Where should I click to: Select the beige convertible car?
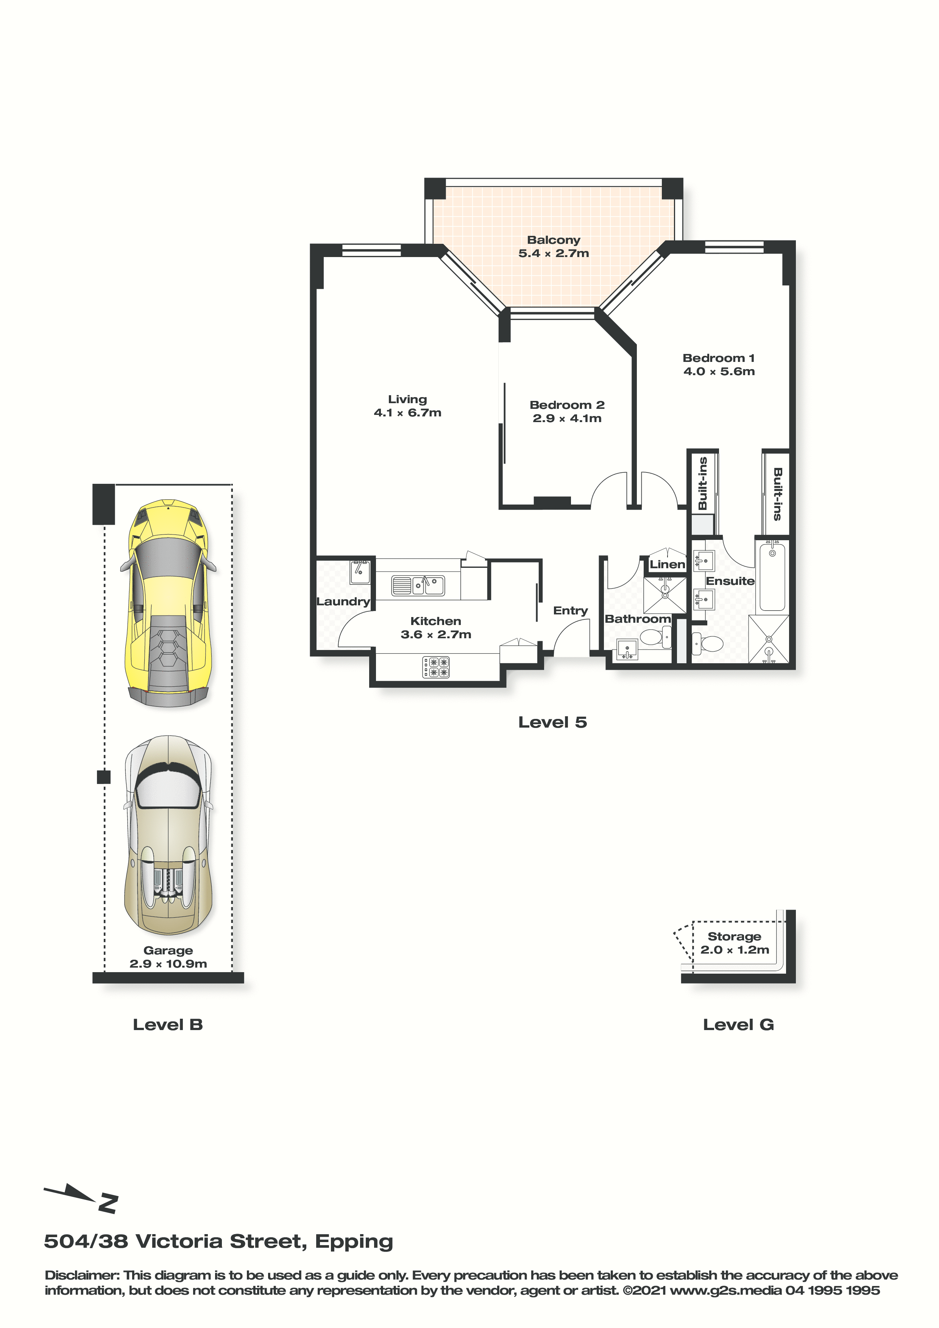pyautogui.click(x=168, y=835)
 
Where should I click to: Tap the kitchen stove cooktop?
pyautogui.click(x=436, y=667)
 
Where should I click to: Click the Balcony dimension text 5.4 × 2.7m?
pyautogui.click(x=554, y=253)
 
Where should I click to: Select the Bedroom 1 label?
pyautogui.click(x=719, y=358)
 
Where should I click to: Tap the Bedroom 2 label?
pyautogui.click(x=567, y=405)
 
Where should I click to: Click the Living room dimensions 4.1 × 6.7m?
pyautogui.click(x=407, y=412)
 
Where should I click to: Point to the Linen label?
pyautogui.click(x=667, y=564)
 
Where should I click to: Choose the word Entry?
pyautogui.click(x=571, y=611)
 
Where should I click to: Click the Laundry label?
pyautogui.click(x=343, y=602)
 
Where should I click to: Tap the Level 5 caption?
pyautogui.click(x=552, y=722)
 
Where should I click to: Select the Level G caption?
pyautogui.click(x=738, y=1024)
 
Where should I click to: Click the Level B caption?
pyautogui.click(x=168, y=1024)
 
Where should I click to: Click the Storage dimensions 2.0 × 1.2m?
pyautogui.click(x=735, y=950)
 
